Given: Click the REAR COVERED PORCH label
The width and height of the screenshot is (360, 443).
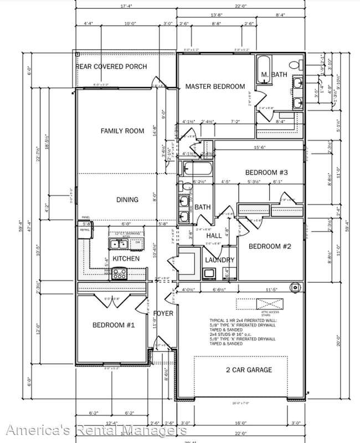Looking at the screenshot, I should click(111, 67).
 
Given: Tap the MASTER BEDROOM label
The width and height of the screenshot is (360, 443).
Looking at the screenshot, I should click(215, 86).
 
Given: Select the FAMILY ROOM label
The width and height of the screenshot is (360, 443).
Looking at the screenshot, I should click(122, 131).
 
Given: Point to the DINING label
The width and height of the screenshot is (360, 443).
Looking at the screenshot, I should click(127, 200).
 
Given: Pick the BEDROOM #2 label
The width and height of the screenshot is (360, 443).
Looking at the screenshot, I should click(269, 246).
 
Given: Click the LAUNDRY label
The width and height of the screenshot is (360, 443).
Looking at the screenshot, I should click(220, 260).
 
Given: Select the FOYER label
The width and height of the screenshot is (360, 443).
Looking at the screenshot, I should click(163, 313).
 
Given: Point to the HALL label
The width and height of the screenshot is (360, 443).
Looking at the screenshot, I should click(214, 236).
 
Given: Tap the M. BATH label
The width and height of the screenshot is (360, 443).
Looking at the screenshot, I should click(274, 75).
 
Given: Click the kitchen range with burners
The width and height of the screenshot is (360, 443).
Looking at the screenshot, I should click(120, 273).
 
